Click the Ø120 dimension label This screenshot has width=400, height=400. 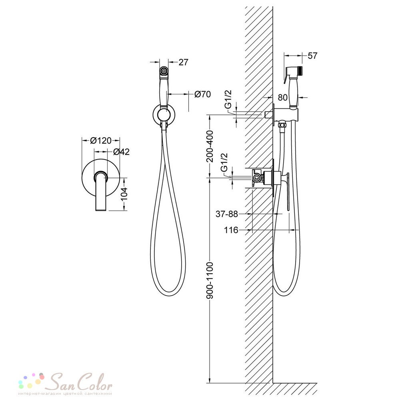click(x=101, y=140)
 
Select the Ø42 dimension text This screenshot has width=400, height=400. click(x=121, y=152)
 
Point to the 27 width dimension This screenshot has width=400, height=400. click(x=184, y=62)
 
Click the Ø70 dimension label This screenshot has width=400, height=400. click(x=202, y=94)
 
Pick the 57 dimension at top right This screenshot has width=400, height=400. click(x=312, y=56)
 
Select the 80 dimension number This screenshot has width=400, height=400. click(x=283, y=98)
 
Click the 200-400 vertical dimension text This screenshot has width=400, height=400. click(x=210, y=146)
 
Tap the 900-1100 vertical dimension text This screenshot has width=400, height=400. click(x=210, y=280)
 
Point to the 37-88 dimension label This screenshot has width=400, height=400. click(x=227, y=214)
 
